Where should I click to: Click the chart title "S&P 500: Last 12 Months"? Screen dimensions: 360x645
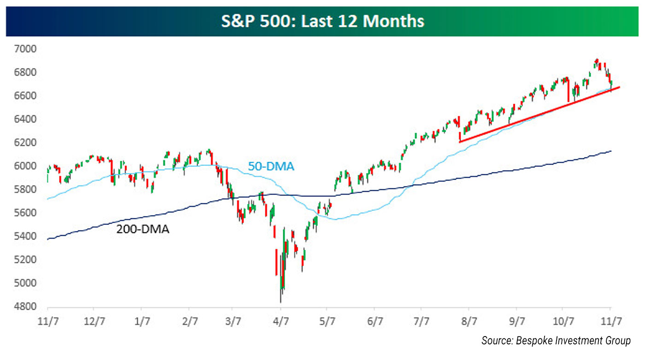(322, 22)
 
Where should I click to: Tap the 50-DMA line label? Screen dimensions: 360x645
(271, 166)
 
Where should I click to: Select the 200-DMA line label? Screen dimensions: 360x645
(142, 229)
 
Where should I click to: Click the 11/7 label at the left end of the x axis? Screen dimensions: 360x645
(47, 320)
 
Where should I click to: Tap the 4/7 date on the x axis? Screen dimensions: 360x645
(281, 320)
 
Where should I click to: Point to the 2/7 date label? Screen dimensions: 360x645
(188, 320)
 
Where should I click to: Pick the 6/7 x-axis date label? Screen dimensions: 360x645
(375, 320)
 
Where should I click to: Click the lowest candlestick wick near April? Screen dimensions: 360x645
(281, 301)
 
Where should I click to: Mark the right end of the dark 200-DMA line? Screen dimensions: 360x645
(611, 151)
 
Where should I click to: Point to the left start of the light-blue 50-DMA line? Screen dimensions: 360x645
(48, 199)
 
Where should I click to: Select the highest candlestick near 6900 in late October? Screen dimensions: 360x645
(597, 61)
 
